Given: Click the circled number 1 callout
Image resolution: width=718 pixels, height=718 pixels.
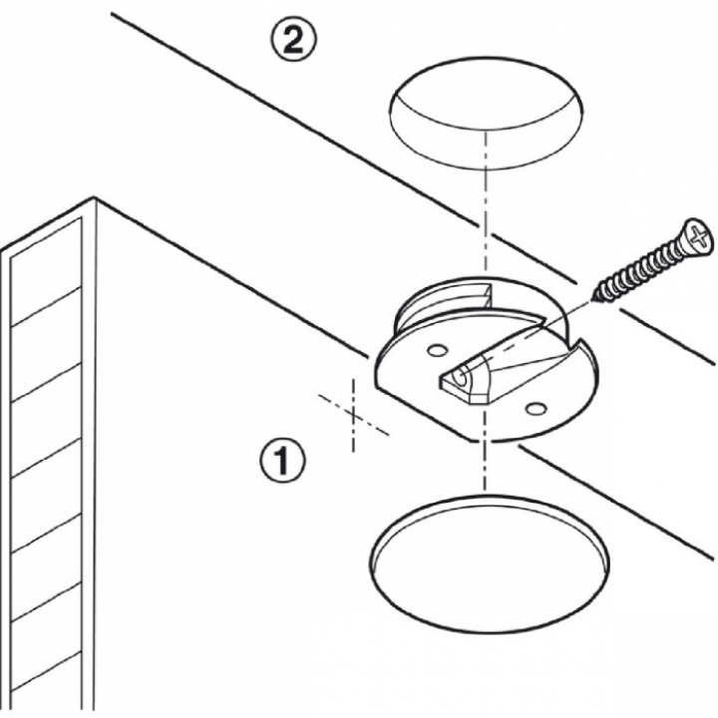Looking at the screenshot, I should (282, 462).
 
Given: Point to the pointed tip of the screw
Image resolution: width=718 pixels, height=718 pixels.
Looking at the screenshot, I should (596, 294).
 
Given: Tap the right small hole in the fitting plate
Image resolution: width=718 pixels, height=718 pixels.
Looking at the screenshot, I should (536, 408).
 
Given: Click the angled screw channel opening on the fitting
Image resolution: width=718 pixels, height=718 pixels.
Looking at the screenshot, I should (461, 380).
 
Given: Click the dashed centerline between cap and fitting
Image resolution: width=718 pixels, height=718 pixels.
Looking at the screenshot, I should (486, 224).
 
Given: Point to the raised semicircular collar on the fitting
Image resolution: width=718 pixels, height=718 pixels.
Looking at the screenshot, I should (439, 299).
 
